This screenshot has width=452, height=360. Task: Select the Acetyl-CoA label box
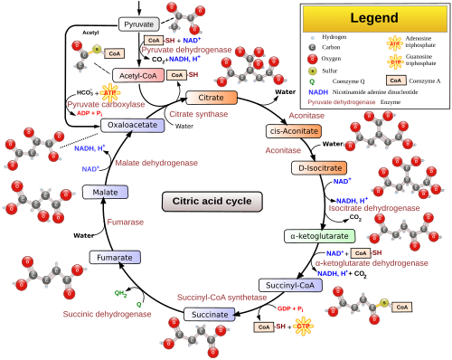click(138, 76)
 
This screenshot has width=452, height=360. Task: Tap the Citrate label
click(211, 97)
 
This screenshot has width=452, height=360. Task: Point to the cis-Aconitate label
click(293, 131)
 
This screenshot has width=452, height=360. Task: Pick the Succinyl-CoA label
click(290, 285)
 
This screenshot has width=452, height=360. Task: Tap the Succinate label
click(210, 314)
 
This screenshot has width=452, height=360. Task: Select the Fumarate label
click(115, 258)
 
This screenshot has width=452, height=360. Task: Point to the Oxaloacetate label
click(132, 125)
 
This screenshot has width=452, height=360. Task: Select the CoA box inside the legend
click(395, 80)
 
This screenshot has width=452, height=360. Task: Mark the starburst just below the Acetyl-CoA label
click(111, 93)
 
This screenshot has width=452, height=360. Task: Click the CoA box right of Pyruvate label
click(154, 41)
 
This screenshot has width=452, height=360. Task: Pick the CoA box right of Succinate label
click(263, 327)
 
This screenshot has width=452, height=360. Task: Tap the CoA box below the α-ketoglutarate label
click(360, 254)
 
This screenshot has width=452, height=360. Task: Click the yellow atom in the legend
click(313, 70)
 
